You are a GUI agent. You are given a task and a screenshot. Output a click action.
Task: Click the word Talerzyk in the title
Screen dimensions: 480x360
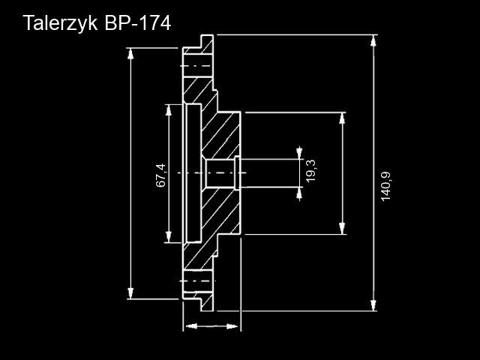point(60,23)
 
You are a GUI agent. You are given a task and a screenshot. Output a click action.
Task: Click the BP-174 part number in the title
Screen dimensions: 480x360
point(137,22)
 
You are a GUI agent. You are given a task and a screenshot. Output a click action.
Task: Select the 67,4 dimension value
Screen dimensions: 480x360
point(161,175)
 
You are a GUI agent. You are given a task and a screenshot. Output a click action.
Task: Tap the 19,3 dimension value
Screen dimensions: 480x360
point(310,171)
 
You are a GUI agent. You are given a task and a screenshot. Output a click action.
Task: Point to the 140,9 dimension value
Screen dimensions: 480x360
point(385,187)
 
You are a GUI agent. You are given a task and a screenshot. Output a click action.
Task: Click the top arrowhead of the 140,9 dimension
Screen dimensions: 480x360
point(373,40)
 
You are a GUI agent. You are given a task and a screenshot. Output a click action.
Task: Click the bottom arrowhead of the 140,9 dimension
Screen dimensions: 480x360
point(373,305)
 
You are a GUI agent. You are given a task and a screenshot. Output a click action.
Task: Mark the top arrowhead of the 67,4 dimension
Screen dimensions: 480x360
point(168,110)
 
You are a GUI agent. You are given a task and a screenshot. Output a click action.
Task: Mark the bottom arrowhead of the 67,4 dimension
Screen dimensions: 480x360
point(168,237)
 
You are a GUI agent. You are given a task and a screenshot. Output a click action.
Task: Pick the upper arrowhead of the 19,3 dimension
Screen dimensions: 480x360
point(299,153)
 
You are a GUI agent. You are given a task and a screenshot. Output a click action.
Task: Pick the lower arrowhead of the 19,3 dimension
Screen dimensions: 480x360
point(299,193)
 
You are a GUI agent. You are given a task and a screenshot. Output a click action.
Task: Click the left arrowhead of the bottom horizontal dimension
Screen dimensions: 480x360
point(192,326)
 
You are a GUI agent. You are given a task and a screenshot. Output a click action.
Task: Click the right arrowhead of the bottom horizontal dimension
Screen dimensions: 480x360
point(232,326)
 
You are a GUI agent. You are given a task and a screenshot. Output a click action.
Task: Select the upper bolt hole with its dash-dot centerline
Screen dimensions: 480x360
point(198,66)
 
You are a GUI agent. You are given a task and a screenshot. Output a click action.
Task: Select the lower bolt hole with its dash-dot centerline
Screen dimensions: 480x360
point(198,281)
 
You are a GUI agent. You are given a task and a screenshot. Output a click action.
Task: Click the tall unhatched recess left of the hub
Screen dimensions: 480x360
point(193,173)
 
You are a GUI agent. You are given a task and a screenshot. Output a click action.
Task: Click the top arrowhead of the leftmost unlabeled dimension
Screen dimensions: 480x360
point(130,54)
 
